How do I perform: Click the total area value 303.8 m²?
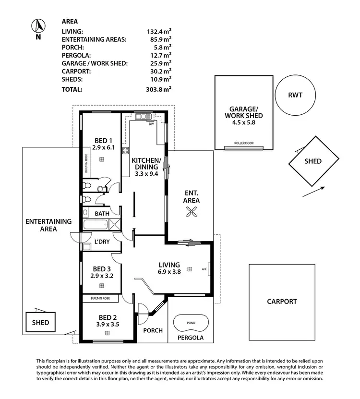159,89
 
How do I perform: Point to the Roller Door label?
243,144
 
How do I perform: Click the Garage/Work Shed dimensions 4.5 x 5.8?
243,122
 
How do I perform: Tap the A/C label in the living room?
204,269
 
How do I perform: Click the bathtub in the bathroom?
96,225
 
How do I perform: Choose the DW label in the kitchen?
151,124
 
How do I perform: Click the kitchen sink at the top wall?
142,117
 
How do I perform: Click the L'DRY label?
102,242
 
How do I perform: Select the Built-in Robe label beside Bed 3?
101,298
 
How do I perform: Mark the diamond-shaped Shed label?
313,161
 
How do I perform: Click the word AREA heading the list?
70,21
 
